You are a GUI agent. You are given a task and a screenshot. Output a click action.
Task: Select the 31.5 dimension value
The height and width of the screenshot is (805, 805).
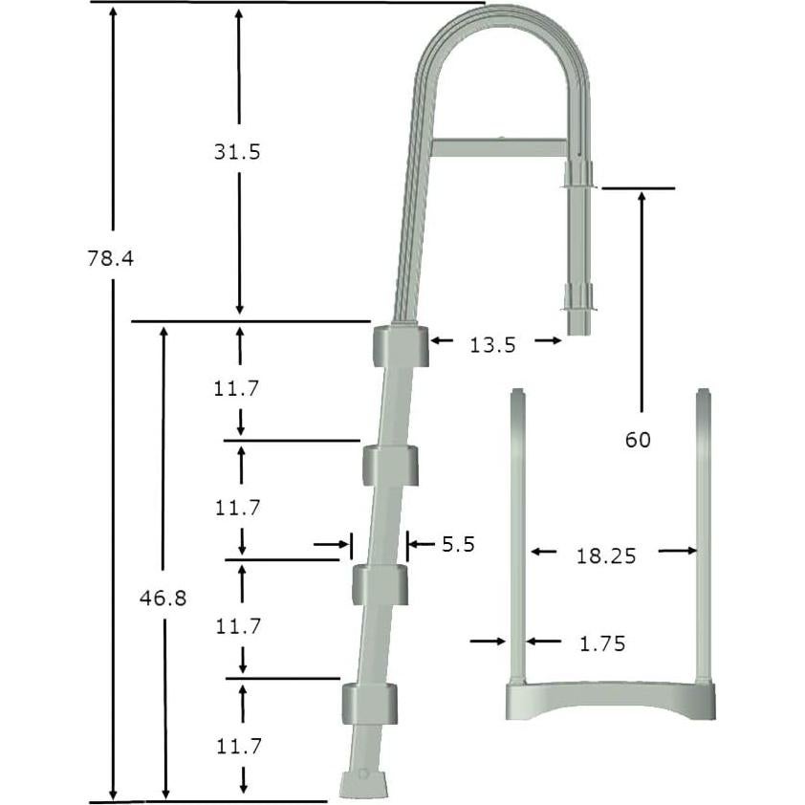point(237,151)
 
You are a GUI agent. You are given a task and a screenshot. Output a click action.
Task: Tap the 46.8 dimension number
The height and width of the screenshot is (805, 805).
point(162,598)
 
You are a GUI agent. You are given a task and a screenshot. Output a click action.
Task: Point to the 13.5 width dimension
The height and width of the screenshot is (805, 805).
point(492,345)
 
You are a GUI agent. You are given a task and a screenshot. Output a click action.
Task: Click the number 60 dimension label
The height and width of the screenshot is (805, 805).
point(638,440)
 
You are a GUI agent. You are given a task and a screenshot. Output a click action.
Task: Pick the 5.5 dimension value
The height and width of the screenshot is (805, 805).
point(458,545)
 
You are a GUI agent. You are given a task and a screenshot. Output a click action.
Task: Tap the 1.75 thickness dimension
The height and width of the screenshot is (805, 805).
point(602,644)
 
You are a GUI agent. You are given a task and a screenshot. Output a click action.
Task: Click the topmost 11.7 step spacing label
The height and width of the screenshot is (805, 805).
point(237,388)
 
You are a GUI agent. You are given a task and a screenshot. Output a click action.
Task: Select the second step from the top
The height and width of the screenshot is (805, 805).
point(390,464)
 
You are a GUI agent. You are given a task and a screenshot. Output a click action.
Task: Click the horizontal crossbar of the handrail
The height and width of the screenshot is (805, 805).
point(500,148)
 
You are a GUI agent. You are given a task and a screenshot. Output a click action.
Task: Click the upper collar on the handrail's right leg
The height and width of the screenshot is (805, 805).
point(578,175)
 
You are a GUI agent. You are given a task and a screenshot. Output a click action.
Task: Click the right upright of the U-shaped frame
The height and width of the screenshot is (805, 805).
point(704,535)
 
